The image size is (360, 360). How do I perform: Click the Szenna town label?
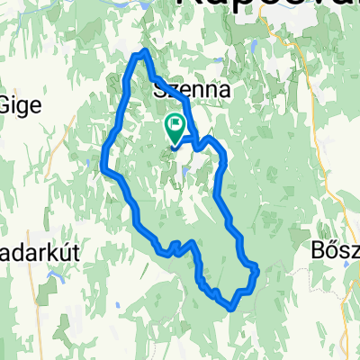pyautogui.click(x=187, y=90)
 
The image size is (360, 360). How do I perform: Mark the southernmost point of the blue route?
pyautogui.click(x=233, y=306)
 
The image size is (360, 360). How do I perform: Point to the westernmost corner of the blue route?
pyautogui.click(x=103, y=168)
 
